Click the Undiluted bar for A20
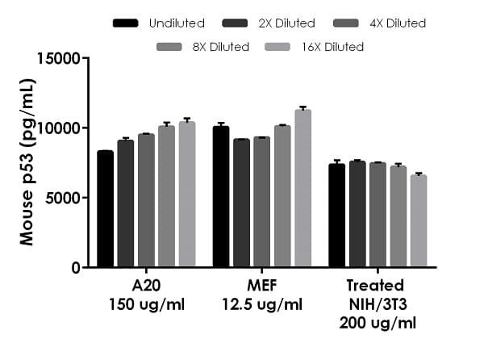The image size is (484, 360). pyautogui.click(x=105, y=209)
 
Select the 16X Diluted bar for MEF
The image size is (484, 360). pyautogui.click(x=302, y=188)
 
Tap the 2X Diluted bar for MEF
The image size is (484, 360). pyautogui.click(x=241, y=203)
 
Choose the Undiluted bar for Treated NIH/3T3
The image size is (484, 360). pyautogui.click(x=336, y=216)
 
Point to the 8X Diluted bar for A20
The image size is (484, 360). pyautogui.click(x=166, y=196)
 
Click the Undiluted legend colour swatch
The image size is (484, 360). pyautogui.click(x=125, y=23)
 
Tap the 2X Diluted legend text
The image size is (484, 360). pyautogui.click(x=284, y=23)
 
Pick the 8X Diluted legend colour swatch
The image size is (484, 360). pyautogui.click(x=170, y=47)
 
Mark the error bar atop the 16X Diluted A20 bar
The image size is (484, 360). pyautogui.click(x=187, y=120)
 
